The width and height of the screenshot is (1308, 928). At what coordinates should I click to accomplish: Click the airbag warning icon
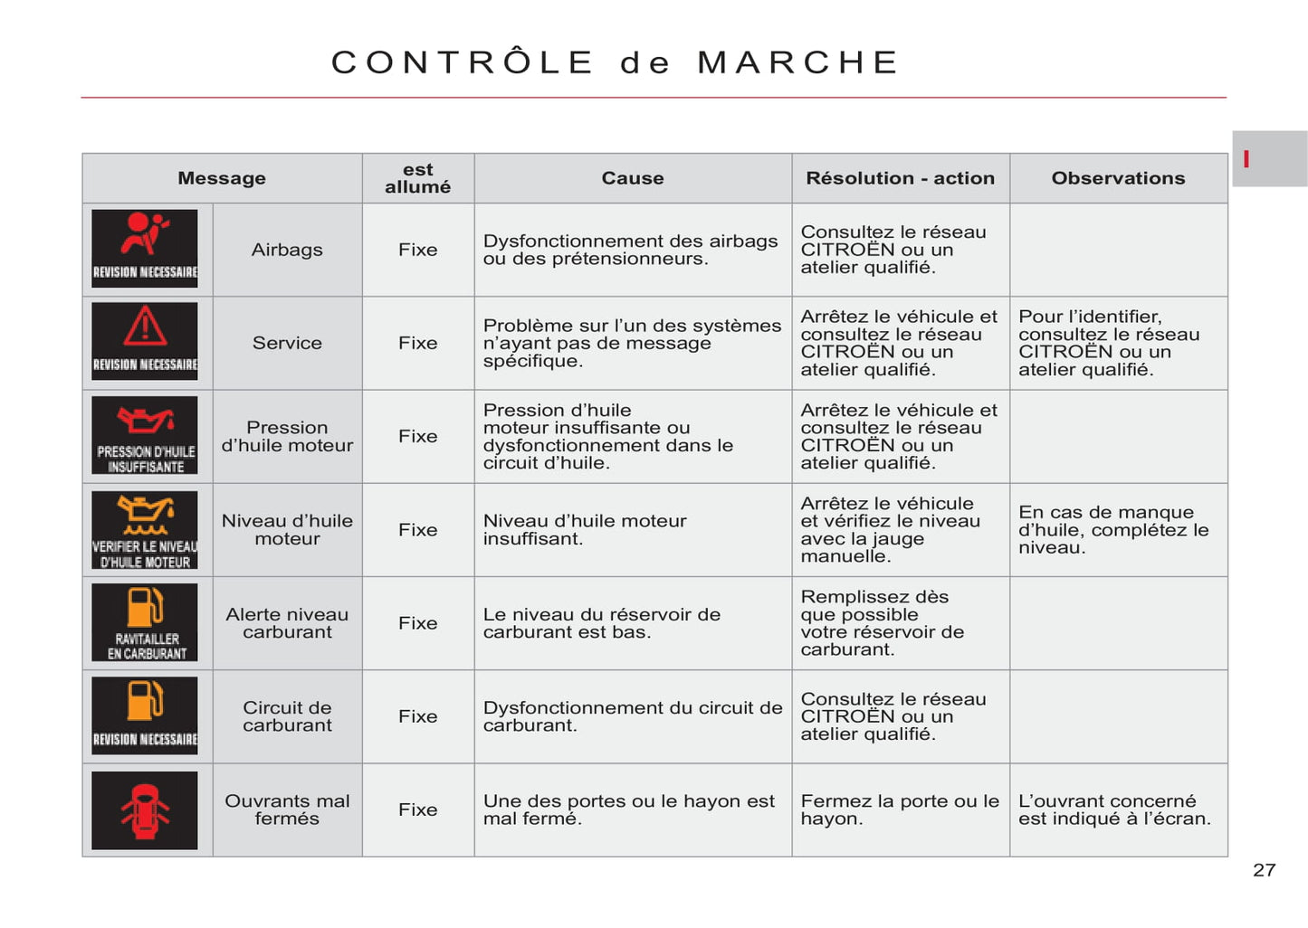(x=145, y=249)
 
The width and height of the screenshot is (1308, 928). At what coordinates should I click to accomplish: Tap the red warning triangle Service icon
(x=145, y=342)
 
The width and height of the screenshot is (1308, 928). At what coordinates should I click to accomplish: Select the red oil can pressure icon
(x=145, y=435)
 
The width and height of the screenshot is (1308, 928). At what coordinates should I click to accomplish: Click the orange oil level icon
(x=145, y=529)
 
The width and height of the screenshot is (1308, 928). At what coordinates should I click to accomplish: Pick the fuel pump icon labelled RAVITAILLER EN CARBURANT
(x=145, y=622)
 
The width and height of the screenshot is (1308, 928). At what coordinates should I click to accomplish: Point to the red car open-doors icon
(x=145, y=810)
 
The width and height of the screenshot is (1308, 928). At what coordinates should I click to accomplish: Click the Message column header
(x=222, y=178)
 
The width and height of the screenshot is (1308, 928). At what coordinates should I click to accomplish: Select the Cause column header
(x=633, y=178)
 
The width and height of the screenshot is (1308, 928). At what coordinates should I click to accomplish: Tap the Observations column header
(x=1118, y=178)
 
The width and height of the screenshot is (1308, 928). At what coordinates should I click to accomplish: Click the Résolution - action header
(x=901, y=178)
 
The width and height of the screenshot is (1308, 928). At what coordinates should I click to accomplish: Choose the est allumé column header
(x=417, y=178)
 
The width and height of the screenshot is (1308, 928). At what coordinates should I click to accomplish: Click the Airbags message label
(x=287, y=250)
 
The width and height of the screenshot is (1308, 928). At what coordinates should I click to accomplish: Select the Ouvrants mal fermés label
(x=287, y=810)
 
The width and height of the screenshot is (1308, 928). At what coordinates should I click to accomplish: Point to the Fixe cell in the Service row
(x=417, y=343)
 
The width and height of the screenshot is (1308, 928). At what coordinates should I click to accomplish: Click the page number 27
(x=1264, y=870)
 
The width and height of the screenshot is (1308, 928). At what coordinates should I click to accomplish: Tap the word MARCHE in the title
(x=797, y=62)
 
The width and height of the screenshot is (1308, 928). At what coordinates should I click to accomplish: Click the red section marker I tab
(x=1247, y=159)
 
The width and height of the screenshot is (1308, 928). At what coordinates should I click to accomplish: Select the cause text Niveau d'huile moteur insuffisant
(x=585, y=530)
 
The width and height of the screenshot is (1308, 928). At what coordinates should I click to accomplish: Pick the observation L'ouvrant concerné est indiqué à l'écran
(x=1114, y=810)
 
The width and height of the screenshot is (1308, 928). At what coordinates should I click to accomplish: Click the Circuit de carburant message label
(x=287, y=716)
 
